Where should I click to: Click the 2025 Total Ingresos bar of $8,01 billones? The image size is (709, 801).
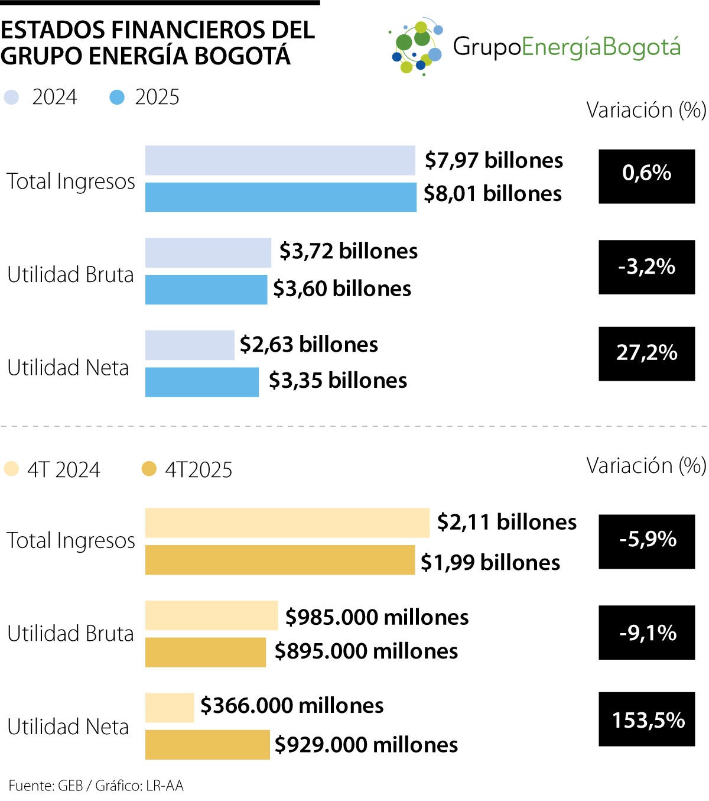click(x=281, y=197)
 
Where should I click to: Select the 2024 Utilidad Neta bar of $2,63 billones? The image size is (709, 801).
click(x=190, y=345)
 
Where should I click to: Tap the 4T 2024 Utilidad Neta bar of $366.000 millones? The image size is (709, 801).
click(x=170, y=708)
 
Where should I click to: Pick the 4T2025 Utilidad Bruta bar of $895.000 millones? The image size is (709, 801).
click(x=206, y=652)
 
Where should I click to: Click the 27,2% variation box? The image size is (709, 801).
click(x=646, y=354)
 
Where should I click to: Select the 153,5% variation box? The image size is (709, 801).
click(x=646, y=719)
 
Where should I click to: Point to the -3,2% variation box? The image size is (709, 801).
click(x=646, y=267)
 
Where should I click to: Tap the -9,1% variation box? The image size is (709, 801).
click(x=646, y=633)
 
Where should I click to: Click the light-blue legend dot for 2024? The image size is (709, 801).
click(x=12, y=98)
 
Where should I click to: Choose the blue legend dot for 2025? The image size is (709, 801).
click(x=118, y=98)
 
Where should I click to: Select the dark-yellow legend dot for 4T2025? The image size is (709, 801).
click(x=149, y=469)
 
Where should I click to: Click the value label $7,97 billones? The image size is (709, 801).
click(x=494, y=160)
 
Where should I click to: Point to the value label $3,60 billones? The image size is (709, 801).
click(x=342, y=288)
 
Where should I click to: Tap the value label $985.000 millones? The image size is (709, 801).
click(x=377, y=617)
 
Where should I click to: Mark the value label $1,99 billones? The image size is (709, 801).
click(x=490, y=562)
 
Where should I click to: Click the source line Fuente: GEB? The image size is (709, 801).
click(x=45, y=786)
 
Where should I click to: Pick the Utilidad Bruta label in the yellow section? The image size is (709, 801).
click(x=70, y=634)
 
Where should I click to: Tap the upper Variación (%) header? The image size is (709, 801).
click(x=646, y=110)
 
